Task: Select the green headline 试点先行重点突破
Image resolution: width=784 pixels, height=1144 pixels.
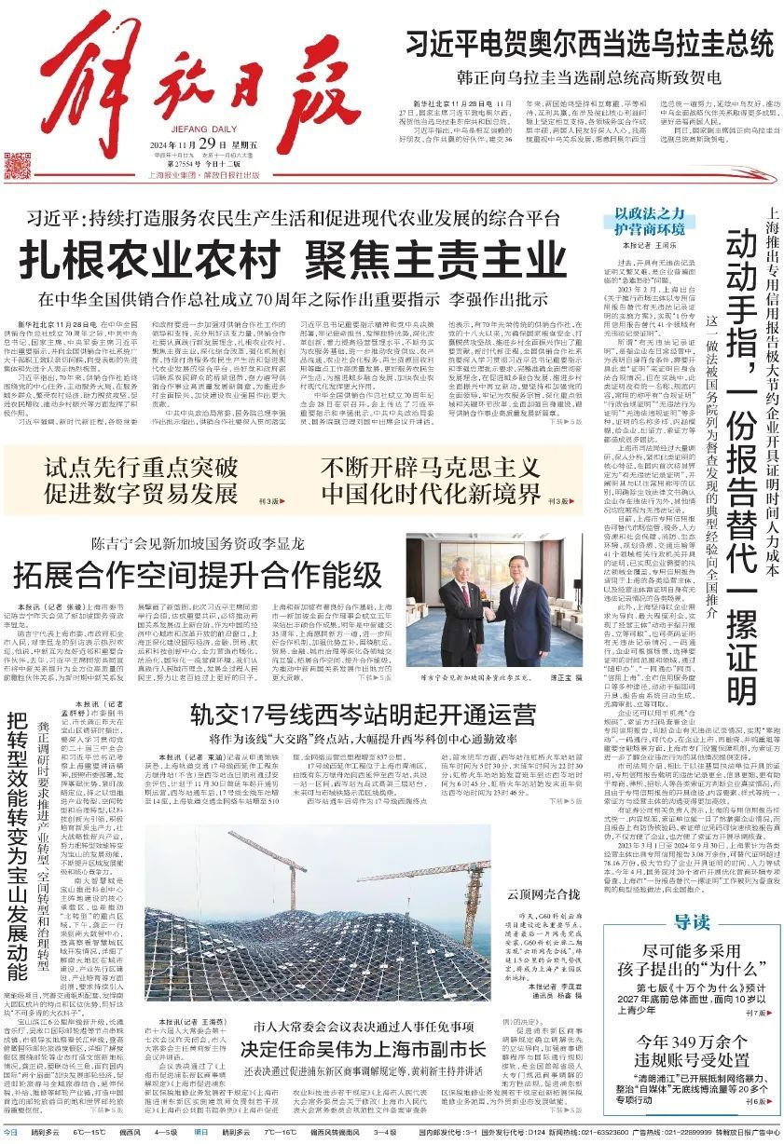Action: [142, 467]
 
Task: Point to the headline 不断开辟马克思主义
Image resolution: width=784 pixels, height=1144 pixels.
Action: [430, 466]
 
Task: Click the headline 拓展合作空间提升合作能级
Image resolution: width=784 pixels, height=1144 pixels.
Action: [197, 571]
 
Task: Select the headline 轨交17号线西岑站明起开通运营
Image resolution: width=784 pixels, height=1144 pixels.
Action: [364, 715]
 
